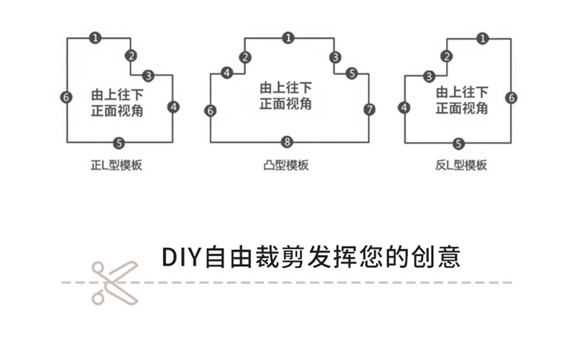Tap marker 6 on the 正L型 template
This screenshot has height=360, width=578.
pos(67,97)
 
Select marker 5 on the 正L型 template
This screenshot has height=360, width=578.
pos(119,143)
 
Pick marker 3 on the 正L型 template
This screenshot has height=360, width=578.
pos(148,75)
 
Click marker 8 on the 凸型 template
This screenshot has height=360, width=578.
pos(288,142)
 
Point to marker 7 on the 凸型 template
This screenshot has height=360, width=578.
pos(369,109)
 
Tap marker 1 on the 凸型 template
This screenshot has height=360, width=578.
pos(288,38)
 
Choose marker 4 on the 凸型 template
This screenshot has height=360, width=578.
pos(227,73)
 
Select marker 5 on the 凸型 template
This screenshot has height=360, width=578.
pos(352,73)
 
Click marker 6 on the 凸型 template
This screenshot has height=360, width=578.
pos(210,110)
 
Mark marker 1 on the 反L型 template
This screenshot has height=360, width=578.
pos(483,39)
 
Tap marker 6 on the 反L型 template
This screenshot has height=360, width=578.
pos(512,97)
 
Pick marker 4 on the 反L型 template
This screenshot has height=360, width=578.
pos(405,107)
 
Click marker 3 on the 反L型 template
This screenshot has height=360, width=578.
pos(430,76)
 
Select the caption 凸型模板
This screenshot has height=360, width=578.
pos(286,166)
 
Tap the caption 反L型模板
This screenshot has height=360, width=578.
pos(460,166)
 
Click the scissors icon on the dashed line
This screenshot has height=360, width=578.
pos(115,282)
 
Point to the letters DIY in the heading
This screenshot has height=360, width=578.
pos(180,257)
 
